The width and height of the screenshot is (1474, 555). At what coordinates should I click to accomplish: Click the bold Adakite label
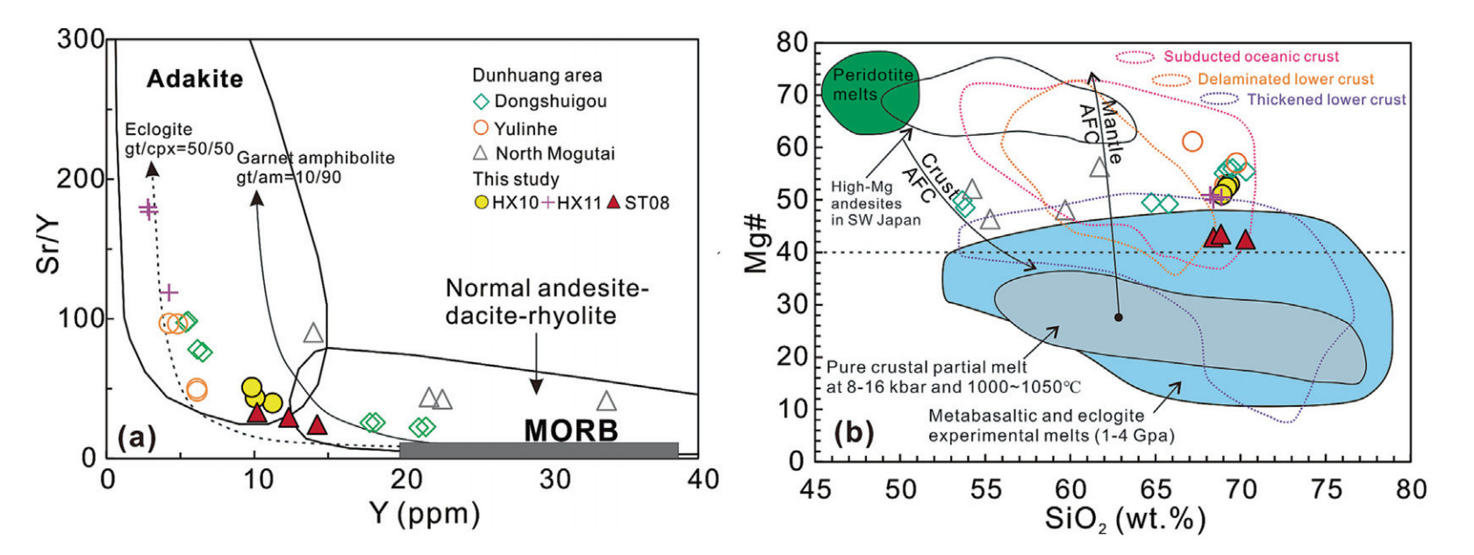click(195, 79)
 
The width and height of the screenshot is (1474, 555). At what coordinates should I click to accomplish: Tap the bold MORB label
click(571, 430)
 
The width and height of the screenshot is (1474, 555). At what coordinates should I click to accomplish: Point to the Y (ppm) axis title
click(425, 513)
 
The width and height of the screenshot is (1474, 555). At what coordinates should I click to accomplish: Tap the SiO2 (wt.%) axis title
click(1125, 519)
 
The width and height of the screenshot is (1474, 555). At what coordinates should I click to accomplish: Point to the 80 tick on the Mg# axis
click(792, 43)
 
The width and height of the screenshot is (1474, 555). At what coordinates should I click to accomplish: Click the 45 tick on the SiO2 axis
click(815, 488)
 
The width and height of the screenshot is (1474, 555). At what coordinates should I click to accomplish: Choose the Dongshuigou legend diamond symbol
click(481, 102)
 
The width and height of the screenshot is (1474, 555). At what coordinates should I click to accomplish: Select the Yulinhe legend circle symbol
click(481, 128)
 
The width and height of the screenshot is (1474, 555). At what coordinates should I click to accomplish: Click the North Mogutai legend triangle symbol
click(481, 153)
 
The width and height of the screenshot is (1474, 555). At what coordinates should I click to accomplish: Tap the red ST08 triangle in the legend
click(613, 203)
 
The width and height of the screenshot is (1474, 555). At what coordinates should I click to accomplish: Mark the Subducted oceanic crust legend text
click(1251, 56)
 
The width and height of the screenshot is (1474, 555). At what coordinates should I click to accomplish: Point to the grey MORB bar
click(539, 450)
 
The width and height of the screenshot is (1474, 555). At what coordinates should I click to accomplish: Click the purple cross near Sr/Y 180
click(148, 209)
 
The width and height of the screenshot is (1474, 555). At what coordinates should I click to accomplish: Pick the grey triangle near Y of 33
click(606, 402)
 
